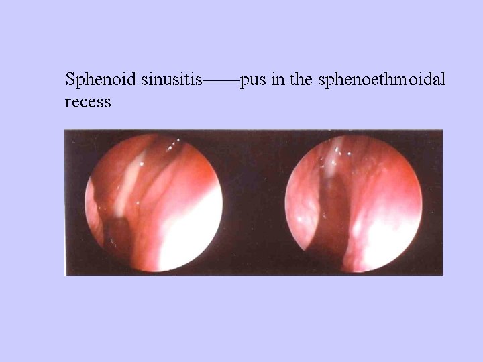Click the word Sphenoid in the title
click(x=101, y=81)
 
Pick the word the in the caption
click(x=301, y=81)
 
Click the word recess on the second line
click(x=88, y=103)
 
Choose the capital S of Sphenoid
click(x=69, y=81)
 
